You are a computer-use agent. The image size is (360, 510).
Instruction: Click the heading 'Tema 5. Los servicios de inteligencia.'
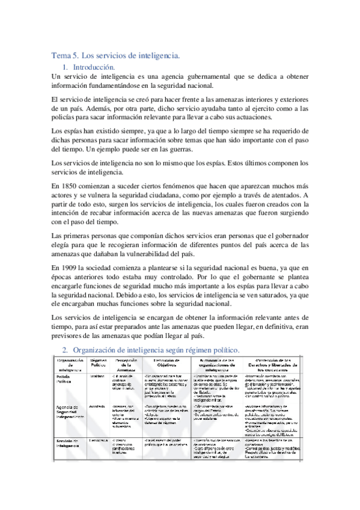click(x=115, y=56)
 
